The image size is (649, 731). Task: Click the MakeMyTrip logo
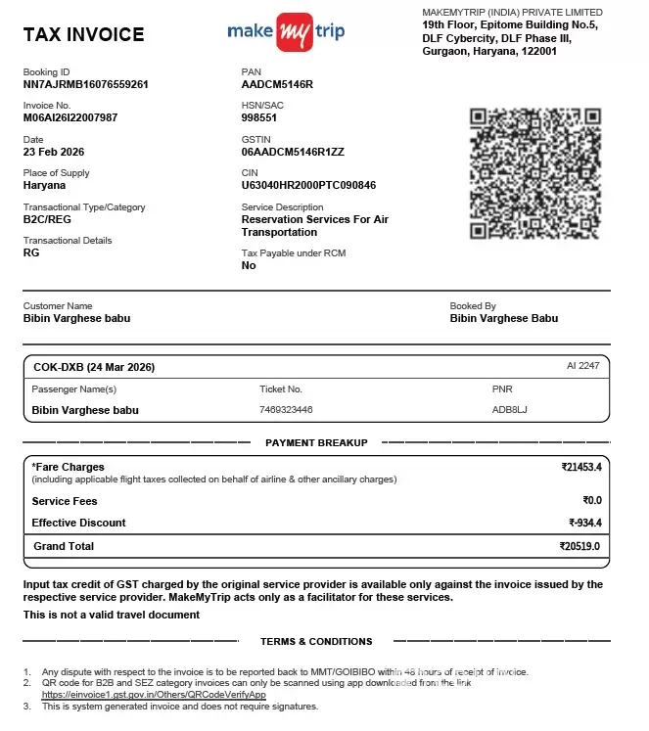pos(286,32)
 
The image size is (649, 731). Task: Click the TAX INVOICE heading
pos(83,35)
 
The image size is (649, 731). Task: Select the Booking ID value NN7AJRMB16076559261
pos(85,84)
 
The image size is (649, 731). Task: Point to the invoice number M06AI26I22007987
pos(70,117)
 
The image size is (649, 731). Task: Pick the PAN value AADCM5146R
pos(277,84)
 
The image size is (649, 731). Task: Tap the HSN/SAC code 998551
pos(259,117)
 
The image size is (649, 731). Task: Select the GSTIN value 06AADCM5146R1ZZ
pos(293,152)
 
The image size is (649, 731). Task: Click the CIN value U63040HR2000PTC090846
pos(308,185)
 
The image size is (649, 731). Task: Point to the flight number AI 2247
pos(582,365)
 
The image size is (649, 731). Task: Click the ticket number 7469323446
pos(286,410)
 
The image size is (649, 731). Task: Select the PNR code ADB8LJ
pos(509,410)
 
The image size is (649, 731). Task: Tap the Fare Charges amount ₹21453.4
pos(581,467)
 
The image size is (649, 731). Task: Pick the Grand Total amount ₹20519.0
pos(579,546)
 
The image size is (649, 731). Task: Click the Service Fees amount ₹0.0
pos(591,500)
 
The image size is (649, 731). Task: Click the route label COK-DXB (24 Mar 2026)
pos(94,367)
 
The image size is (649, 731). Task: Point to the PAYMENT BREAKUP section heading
pos(316,443)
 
